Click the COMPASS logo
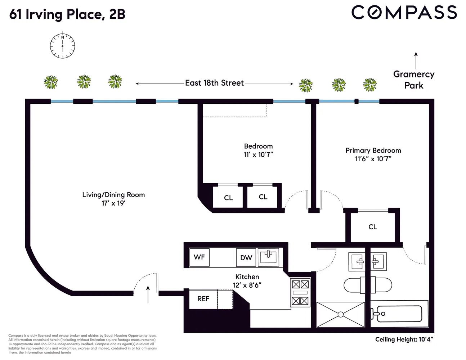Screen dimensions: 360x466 404,13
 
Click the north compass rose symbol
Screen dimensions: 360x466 62,46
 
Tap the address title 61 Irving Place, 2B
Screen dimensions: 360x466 67,14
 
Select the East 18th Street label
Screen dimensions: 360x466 214,83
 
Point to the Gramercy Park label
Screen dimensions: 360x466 414,80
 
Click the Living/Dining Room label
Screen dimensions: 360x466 113,195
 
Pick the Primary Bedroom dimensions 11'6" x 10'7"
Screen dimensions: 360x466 373,159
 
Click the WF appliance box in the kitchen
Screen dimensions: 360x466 199,257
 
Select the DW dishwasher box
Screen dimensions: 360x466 246,258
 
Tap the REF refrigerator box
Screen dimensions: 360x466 203,299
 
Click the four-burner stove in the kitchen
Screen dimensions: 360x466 300,292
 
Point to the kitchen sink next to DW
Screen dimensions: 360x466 268,257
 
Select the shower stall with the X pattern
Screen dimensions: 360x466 340,315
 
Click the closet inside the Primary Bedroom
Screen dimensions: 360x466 373,227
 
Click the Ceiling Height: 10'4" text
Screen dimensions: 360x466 404,339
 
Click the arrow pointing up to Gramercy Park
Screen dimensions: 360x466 416,60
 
